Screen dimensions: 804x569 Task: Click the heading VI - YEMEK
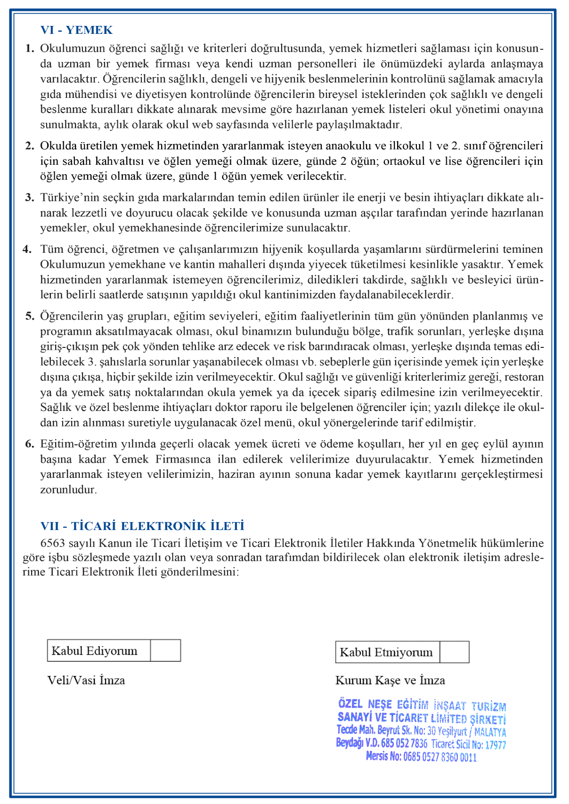76,30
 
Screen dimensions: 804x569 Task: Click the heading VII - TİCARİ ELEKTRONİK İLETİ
142,526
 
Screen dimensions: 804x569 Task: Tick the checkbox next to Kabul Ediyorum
165,651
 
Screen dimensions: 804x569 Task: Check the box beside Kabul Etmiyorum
454,652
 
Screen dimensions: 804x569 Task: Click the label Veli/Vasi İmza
86,680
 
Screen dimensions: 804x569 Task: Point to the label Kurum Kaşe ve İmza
390,680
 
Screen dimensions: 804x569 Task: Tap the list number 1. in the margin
30,48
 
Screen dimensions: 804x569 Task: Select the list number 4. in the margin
27,249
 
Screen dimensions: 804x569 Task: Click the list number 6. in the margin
30,443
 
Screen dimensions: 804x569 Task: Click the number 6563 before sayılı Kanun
53,543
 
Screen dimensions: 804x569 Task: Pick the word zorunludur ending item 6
68,489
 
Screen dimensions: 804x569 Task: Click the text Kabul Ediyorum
94,651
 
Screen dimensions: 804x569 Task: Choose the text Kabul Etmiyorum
386,652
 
